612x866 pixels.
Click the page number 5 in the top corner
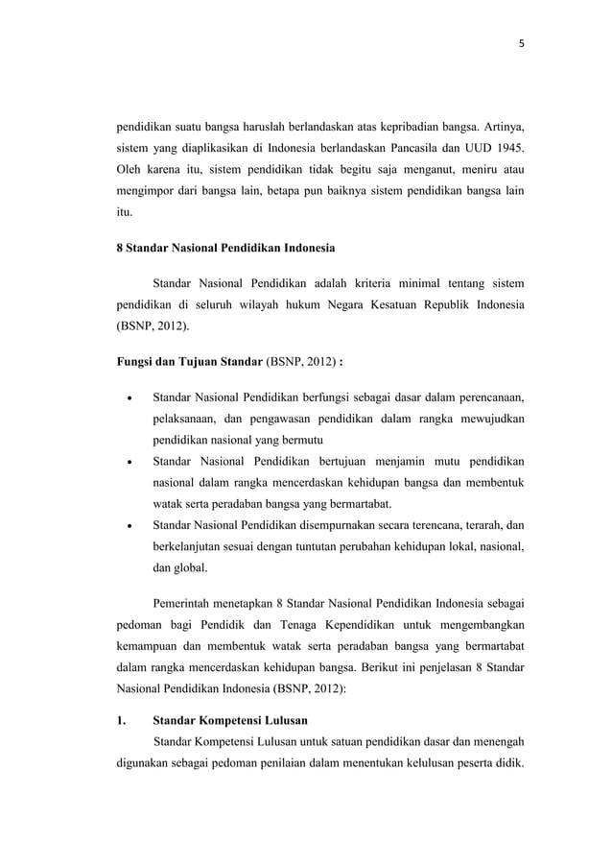[521, 43]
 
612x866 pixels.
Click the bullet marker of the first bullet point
[129, 396]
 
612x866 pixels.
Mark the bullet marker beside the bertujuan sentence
[129, 461]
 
